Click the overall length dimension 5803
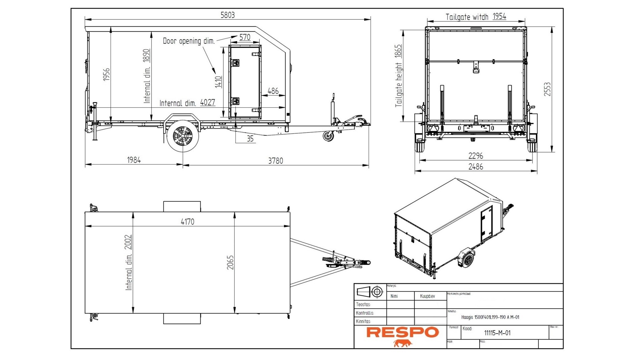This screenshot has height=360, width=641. click(x=227, y=15)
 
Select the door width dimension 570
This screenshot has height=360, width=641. click(x=245, y=37)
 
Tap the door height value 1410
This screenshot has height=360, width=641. click(x=218, y=82)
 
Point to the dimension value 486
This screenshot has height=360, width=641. click(x=273, y=91)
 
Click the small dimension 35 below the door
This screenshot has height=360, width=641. click(x=250, y=139)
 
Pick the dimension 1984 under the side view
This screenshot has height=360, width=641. click(x=134, y=160)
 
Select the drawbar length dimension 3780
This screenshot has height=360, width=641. click(x=275, y=161)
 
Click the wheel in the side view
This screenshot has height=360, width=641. click(x=183, y=136)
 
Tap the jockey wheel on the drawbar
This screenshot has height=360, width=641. click(x=328, y=136)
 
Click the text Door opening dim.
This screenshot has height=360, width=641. click(x=189, y=41)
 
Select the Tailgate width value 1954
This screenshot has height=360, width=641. click(x=499, y=16)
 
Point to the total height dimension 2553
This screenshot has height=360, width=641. click(x=547, y=89)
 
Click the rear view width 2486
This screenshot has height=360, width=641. click(x=475, y=166)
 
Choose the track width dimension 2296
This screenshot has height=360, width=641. click(x=475, y=156)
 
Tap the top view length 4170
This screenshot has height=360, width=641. click(x=187, y=222)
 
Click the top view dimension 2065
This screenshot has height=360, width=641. click(x=230, y=262)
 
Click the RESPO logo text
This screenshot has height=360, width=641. click(x=402, y=332)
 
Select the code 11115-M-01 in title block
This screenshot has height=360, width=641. click(x=497, y=333)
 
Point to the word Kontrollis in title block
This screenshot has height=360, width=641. click(x=365, y=313)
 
